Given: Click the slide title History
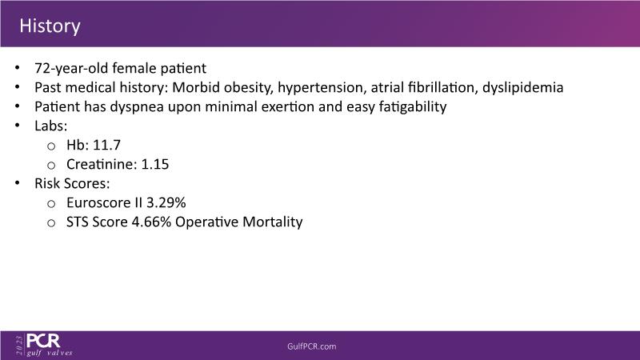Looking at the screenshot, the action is point(50,26).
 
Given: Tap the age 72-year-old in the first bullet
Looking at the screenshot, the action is point(71,68).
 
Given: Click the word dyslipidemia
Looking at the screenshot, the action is point(523,87).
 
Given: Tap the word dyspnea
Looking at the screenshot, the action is point(137,106).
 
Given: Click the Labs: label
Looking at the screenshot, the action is point(51,126).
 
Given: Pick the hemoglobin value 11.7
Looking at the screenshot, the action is point(107,145).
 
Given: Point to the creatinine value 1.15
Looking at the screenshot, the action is point(155,164).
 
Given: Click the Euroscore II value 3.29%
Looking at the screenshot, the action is point(166,202).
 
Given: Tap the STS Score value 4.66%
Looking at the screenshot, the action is point(151,222).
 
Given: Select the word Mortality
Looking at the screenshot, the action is point(273,222).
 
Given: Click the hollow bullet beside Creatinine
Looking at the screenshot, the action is point(51,166).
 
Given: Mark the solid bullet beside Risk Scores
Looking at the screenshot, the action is point(17,183).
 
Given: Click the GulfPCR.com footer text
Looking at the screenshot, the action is point(312,346).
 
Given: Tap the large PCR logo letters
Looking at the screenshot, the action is point(43,341).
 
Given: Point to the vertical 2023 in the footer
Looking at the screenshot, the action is point(18,346).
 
